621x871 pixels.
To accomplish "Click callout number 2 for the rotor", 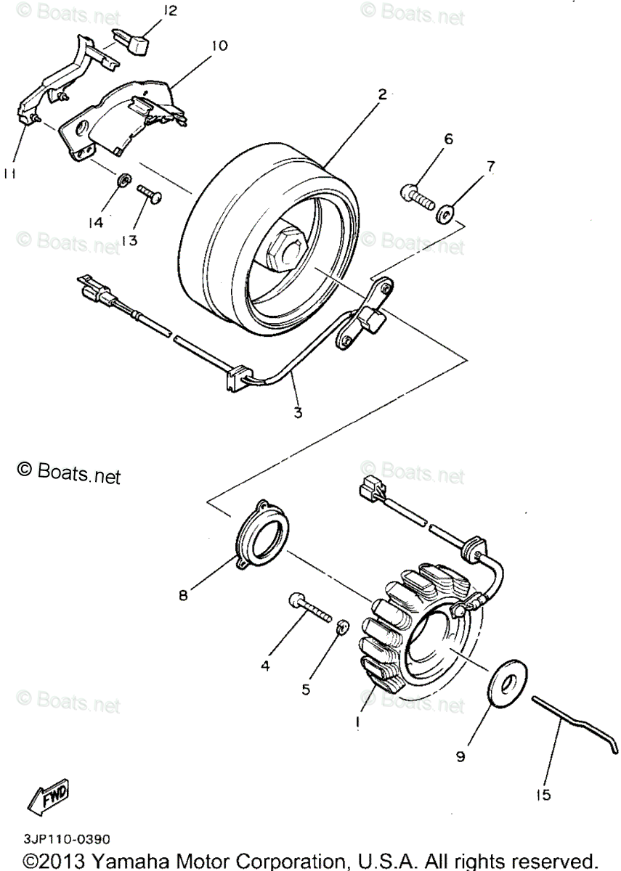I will (381, 93).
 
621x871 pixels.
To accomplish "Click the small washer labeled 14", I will (123, 179).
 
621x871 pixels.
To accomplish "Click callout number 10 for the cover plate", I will (219, 46).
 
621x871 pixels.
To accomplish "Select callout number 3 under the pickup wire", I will (297, 413).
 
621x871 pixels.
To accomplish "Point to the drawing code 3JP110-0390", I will (66, 839).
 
